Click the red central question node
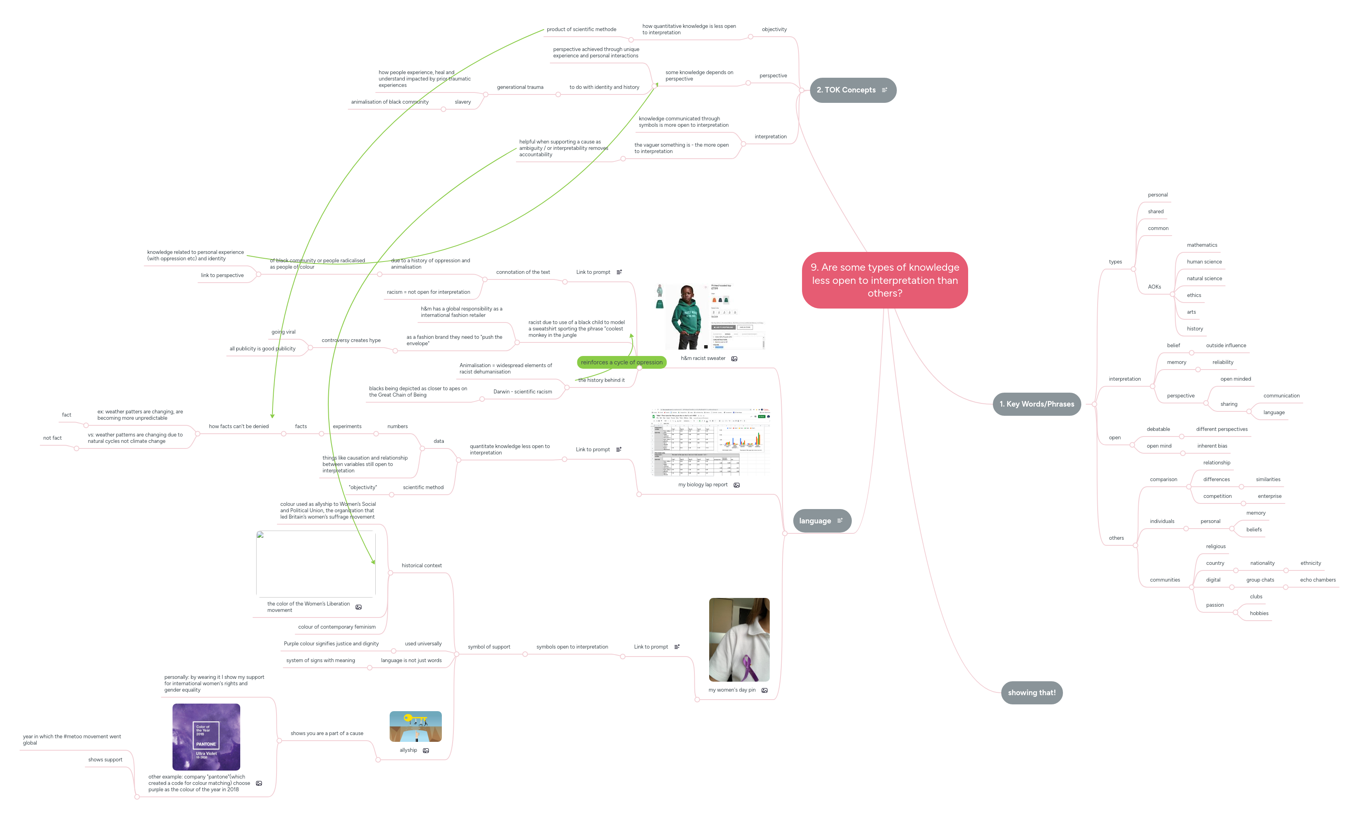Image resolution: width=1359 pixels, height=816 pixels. [x=884, y=280]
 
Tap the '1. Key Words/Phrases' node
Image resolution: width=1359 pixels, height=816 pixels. [x=1036, y=404]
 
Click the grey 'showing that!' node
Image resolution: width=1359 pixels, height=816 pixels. [x=1031, y=693]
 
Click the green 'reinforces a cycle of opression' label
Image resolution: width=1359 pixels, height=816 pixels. [x=622, y=362]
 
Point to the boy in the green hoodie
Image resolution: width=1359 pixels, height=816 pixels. [x=687, y=317]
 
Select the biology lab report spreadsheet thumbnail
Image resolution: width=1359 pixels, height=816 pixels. [x=710, y=442]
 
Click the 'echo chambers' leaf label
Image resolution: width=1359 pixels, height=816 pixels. [x=1317, y=580]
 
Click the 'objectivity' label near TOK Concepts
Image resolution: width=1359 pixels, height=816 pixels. [x=774, y=29]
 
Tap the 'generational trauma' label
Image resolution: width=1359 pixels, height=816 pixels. [x=520, y=87]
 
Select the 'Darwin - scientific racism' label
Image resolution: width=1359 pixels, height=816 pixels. [x=522, y=392]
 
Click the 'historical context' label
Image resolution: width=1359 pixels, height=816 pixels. [x=422, y=566]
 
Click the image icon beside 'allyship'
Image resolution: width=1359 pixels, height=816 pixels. [x=426, y=751]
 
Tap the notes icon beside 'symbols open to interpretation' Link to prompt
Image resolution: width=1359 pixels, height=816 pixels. [x=677, y=647]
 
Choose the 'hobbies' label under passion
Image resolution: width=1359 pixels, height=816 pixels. [x=1259, y=613]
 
